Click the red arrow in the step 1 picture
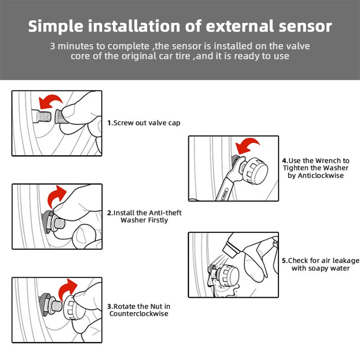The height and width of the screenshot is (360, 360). [49, 101]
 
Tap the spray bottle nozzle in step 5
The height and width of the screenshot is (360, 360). [231, 250]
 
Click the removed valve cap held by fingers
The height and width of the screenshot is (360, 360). [59, 117]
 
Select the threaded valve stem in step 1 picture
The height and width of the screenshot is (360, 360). [44, 116]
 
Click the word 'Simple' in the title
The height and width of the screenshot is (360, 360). [55, 27]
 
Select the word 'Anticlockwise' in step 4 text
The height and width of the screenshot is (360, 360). [320, 175]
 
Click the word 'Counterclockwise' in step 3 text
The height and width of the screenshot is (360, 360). [139, 314]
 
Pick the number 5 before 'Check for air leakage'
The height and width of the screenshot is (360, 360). [284, 261]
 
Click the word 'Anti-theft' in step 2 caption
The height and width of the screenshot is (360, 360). [165, 213]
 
